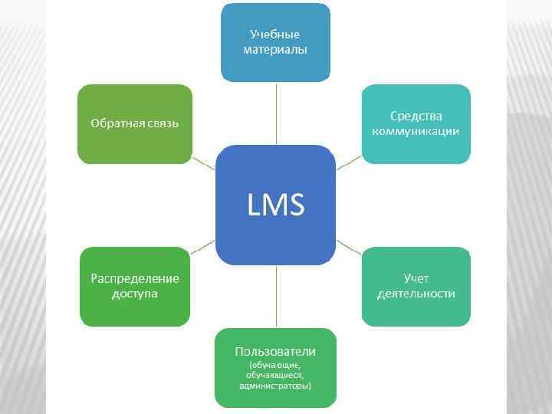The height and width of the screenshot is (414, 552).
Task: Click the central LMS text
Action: tap(275, 205)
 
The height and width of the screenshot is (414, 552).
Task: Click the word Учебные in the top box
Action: tap(274, 34)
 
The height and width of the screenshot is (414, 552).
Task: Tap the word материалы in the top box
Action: tap(275, 49)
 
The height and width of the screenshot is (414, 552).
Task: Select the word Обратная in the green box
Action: tap(113, 123)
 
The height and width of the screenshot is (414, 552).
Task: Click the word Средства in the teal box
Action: tap(416, 117)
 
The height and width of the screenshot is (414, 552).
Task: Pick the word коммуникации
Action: tap(416, 131)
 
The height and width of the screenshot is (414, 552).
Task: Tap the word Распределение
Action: tap(135, 278)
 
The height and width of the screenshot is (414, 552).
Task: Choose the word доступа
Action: tap(135, 294)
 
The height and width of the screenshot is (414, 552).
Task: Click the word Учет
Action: tap(416, 278)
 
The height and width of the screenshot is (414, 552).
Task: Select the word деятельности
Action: tap(416, 294)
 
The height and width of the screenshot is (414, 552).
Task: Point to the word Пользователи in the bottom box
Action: tap(275, 351)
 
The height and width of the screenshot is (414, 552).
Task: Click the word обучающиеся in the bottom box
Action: tap(275, 375)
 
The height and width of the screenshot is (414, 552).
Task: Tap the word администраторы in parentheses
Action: tap(275, 385)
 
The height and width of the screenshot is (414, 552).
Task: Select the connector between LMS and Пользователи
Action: tap(275, 297)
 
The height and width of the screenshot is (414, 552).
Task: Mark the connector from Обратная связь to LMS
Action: tap(203, 163)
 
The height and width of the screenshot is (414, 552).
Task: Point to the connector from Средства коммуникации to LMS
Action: tap(349, 163)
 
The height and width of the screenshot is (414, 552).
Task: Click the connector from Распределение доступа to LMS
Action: tap(203, 246)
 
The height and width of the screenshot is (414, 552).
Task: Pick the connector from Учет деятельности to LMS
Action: tap(349, 246)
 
